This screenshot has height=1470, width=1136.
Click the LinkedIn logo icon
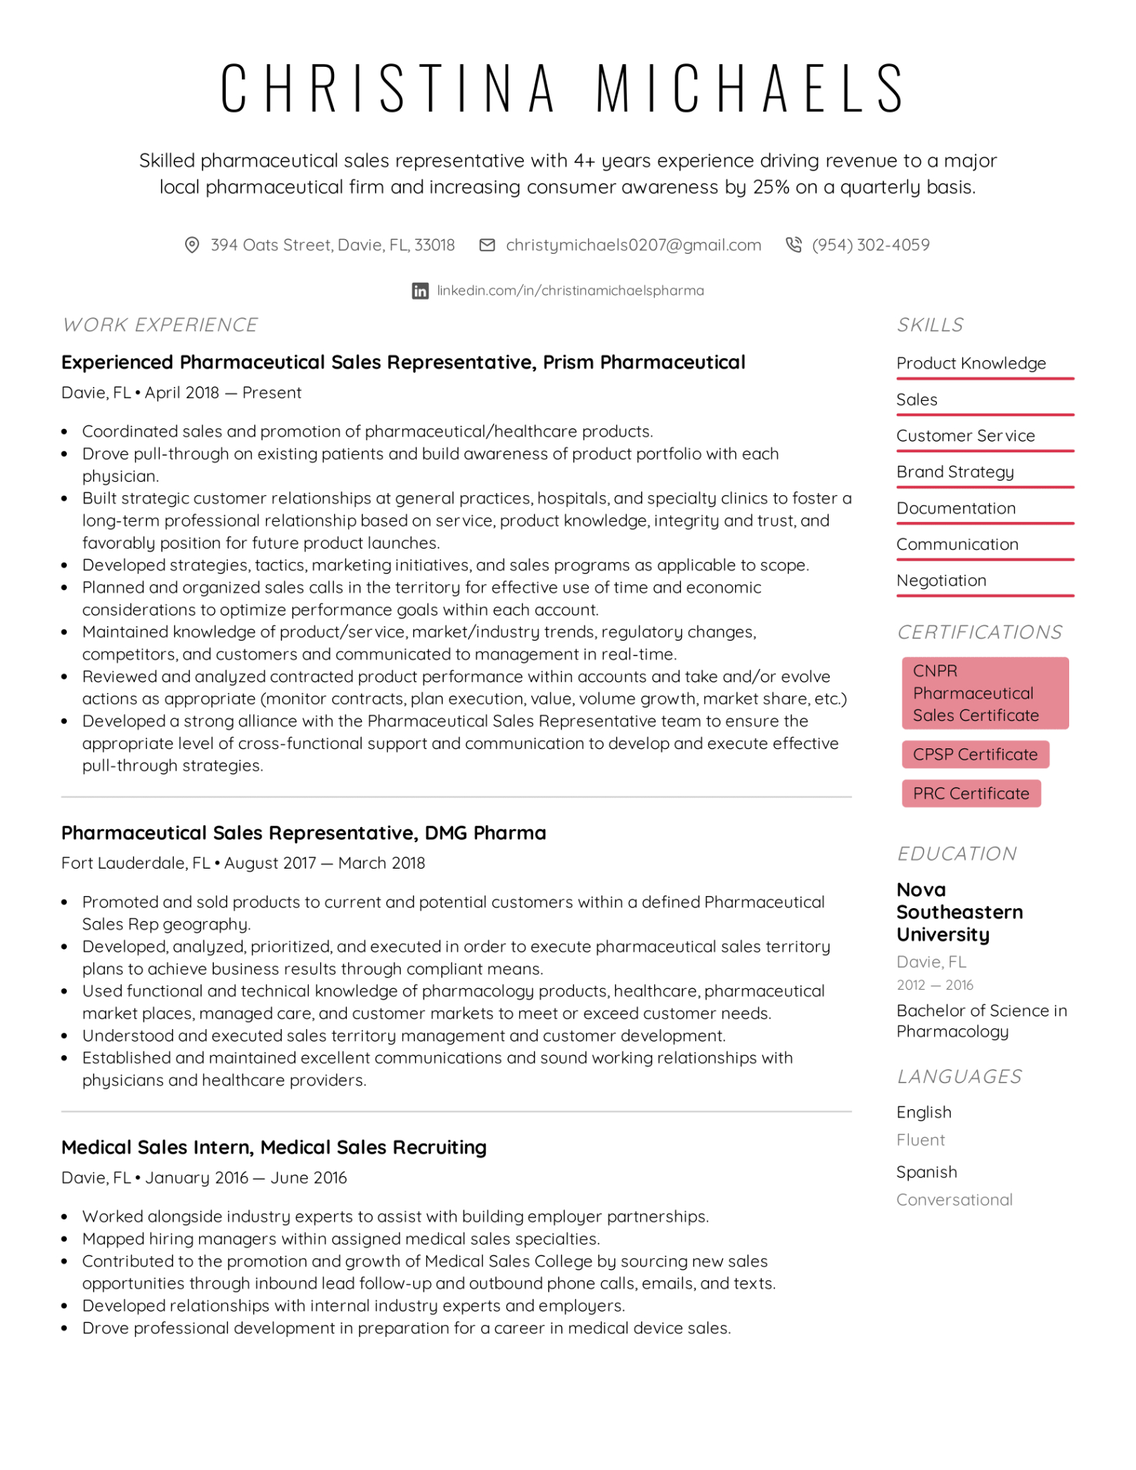point(420,290)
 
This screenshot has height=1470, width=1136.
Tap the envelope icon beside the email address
point(487,245)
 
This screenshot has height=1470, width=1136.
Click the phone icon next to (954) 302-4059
point(793,245)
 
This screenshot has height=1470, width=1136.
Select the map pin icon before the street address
point(191,245)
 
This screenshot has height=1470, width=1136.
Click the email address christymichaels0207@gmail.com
point(633,245)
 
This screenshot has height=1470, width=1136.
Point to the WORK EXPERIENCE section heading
point(160,325)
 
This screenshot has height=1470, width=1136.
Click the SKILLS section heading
point(930,325)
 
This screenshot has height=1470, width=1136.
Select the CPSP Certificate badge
point(975,754)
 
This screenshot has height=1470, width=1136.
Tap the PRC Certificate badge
point(971,793)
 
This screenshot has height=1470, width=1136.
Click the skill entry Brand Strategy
point(955,472)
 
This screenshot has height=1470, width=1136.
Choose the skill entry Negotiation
point(941,580)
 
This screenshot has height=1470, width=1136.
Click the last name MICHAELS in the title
point(751,88)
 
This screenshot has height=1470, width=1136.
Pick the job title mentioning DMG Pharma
point(303,833)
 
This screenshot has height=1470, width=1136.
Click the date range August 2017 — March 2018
point(324,863)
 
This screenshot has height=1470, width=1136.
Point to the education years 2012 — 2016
point(935,985)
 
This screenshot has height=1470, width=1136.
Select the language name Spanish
point(926,1172)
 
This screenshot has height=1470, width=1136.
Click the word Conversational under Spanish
point(955,1200)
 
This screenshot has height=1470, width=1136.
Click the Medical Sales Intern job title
point(274,1147)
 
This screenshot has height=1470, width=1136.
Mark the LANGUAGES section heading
point(959,1076)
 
